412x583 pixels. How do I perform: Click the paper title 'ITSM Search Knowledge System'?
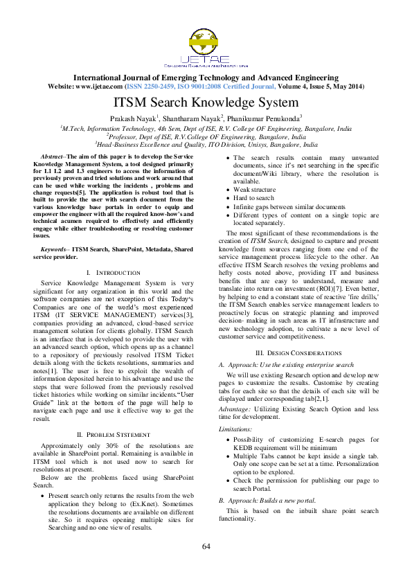click(x=206, y=102)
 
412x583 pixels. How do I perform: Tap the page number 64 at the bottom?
click(x=206, y=547)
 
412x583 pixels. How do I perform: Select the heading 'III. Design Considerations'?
click(x=298, y=352)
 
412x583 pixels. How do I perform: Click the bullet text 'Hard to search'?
click(x=254, y=198)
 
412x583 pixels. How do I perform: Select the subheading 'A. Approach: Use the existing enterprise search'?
click(x=286, y=364)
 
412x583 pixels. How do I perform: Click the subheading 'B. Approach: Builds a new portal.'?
click(x=267, y=500)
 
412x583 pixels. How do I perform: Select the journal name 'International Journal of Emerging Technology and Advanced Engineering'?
click(x=206, y=78)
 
